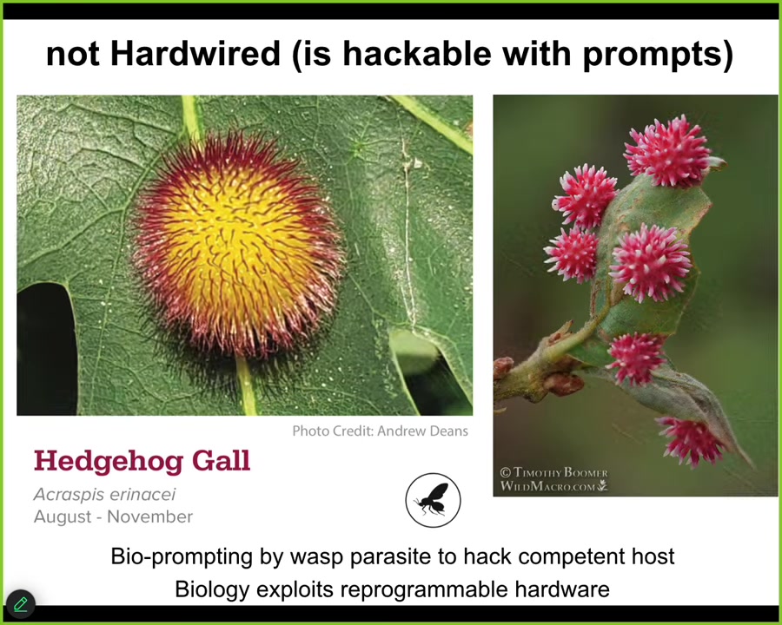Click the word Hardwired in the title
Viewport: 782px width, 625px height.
pyautogui.click(x=195, y=53)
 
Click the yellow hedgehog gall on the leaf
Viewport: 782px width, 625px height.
pyautogui.click(x=238, y=245)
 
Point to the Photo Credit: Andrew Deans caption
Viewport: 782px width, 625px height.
pyautogui.click(x=380, y=431)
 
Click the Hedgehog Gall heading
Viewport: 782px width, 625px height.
pyautogui.click(x=142, y=462)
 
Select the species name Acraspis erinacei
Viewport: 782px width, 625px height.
pyautogui.click(x=105, y=495)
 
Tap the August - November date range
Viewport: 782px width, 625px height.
pyautogui.click(x=113, y=516)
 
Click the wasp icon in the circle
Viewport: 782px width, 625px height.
pyautogui.click(x=433, y=500)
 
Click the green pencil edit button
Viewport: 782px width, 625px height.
pyautogui.click(x=21, y=604)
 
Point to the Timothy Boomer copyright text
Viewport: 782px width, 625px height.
pyautogui.click(x=553, y=472)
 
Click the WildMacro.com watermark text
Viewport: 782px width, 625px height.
pyautogui.click(x=553, y=486)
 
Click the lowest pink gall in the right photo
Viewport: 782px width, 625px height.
pyautogui.click(x=691, y=441)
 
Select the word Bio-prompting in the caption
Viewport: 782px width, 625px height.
pyautogui.click(x=182, y=556)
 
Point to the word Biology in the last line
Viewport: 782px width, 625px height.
pyautogui.click(x=211, y=589)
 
